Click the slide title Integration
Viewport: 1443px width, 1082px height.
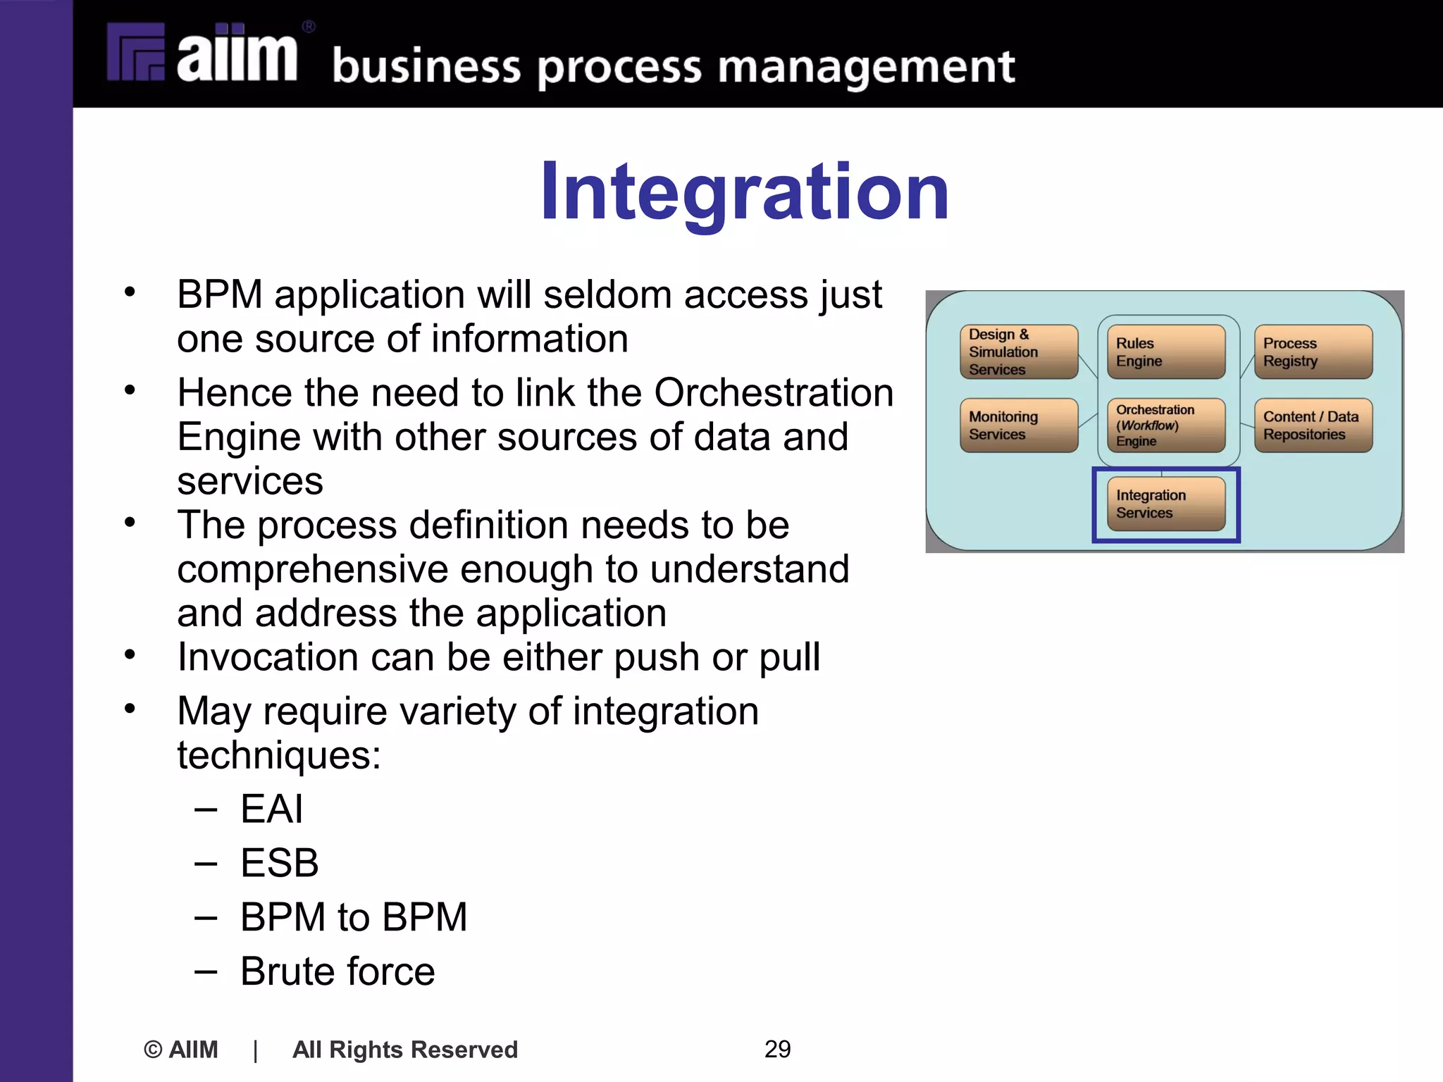point(744,192)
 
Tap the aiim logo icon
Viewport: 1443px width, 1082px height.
point(136,52)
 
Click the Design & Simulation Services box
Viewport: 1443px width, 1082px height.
point(1018,352)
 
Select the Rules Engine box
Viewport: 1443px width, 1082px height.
point(1166,352)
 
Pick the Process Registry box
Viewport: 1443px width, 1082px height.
point(1313,352)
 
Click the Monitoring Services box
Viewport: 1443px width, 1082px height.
point(1018,425)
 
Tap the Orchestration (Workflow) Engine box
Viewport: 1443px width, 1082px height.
point(1166,425)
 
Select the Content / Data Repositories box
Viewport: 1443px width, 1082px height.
point(1313,425)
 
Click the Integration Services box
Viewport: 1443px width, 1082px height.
point(1166,504)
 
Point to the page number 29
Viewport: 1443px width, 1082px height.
point(777,1049)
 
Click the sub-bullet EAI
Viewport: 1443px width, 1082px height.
point(271,808)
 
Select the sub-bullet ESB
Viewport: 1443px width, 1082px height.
point(279,862)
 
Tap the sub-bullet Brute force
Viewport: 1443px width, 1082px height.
point(337,971)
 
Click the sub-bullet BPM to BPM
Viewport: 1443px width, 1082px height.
point(354,916)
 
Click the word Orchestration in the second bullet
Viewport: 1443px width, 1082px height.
point(773,392)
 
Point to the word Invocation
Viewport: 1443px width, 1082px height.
point(268,657)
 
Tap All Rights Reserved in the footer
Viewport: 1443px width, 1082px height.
point(405,1050)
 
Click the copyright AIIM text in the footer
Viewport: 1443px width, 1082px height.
point(181,1050)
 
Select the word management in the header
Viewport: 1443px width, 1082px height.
point(866,68)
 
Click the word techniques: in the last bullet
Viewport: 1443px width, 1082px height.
point(279,755)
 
